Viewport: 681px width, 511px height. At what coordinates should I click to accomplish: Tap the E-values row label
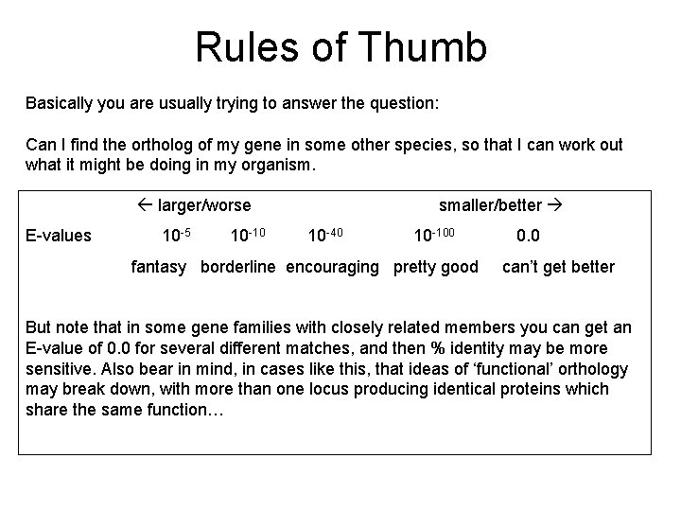click(x=59, y=236)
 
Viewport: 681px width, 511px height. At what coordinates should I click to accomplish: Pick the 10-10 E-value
click(x=248, y=235)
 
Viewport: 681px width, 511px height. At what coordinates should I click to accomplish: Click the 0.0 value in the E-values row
click(x=530, y=236)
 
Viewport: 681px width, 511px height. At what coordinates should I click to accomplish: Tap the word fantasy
click(x=158, y=267)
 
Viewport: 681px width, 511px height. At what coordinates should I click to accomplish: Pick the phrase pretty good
click(x=436, y=267)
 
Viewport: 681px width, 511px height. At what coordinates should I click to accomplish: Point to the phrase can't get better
click(x=558, y=267)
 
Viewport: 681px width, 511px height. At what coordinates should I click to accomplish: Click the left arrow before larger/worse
click(x=146, y=205)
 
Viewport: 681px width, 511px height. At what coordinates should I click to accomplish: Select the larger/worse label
click(x=204, y=205)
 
